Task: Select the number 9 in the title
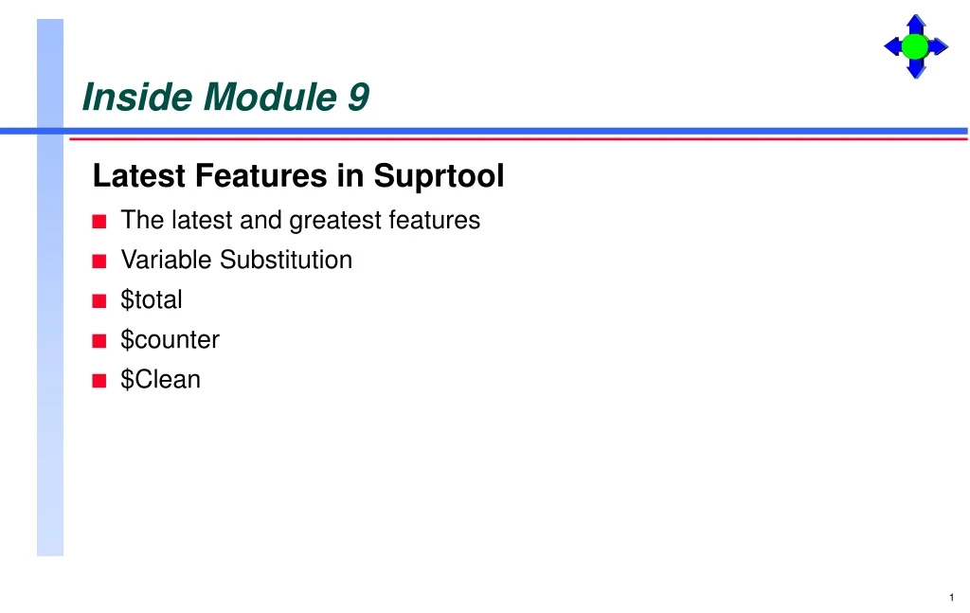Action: pyautogui.click(x=358, y=97)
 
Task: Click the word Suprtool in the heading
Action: pyautogui.click(x=439, y=176)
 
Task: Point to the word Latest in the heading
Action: pyautogui.click(x=139, y=176)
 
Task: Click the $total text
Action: pyautogui.click(x=152, y=300)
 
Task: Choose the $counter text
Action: pyautogui.click(x=171, y=340)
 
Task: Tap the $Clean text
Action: pyautogui.click(x=161, y=380)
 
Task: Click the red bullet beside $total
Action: pyautogui.click(x=99, y=301)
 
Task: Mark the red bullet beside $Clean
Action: pyautogui.click(x=99, y=381)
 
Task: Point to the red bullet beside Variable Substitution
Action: pyautogui.click(x=99, y=261)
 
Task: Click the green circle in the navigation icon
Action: pyautogui.click(x=915, y=46)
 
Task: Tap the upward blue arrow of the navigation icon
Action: pyautogui.click(x=915, y=24)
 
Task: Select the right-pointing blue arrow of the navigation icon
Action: pyautogui.click(x=938, y=46)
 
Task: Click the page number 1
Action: pyautogui.click(x=950, y=597)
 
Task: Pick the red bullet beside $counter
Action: pyautogui.click(x=99, y=341)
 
